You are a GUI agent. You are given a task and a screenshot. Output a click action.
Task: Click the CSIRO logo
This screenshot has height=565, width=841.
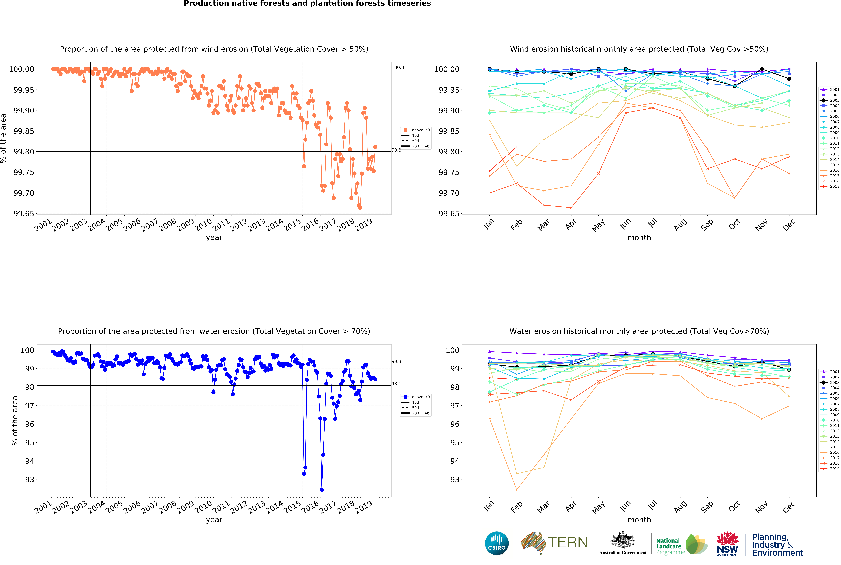coord(496,543)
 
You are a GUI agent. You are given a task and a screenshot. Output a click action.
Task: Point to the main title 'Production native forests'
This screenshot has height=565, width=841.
coord(307,4)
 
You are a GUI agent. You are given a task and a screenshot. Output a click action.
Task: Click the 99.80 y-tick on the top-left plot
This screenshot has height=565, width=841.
coord(23,152)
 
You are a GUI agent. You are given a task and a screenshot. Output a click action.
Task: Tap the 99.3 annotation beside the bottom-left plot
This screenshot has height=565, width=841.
coord(396,361)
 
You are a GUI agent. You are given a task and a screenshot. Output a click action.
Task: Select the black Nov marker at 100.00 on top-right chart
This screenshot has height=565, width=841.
coord(762,69)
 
